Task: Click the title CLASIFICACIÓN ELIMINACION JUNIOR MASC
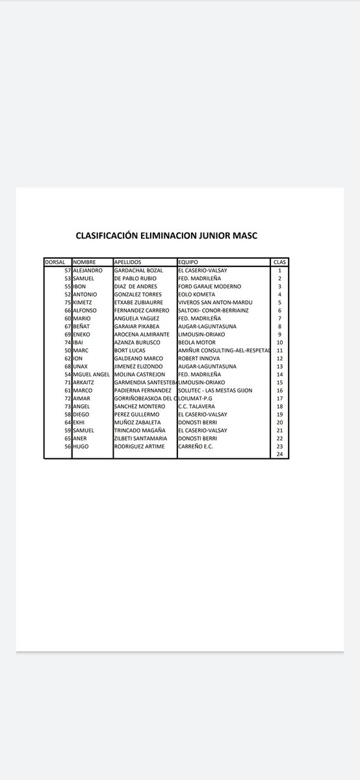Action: pos(166,236)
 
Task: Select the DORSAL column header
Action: pos(55,262)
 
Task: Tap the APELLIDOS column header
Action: pos(128,262)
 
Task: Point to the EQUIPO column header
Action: pos(188,262)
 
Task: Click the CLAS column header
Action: pos(279,262)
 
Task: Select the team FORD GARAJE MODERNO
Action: pos(209,286)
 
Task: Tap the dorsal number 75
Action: pos(68,302)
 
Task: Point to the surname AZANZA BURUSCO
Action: pos(136,342)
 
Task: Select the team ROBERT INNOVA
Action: pos(200,358)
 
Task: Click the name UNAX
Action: pos(82,366)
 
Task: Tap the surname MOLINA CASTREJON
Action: pos(140,374)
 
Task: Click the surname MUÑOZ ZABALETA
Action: pos(138,422)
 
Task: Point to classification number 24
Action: pos(279,454)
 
